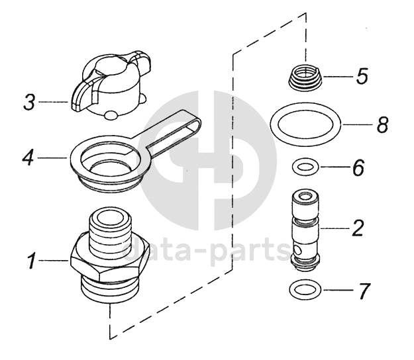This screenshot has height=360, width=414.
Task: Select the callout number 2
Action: point(358,228)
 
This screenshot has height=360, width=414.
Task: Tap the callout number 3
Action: point(28,103)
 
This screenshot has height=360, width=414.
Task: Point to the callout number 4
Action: point(27,158)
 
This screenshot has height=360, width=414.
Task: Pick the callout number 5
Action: point(362,76)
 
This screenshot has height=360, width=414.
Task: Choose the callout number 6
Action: point(358,168)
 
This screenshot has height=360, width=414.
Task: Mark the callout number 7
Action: point(364,291)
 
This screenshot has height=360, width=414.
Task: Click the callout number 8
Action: point(382,125)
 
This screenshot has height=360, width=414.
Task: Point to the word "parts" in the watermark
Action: point(249,253)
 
